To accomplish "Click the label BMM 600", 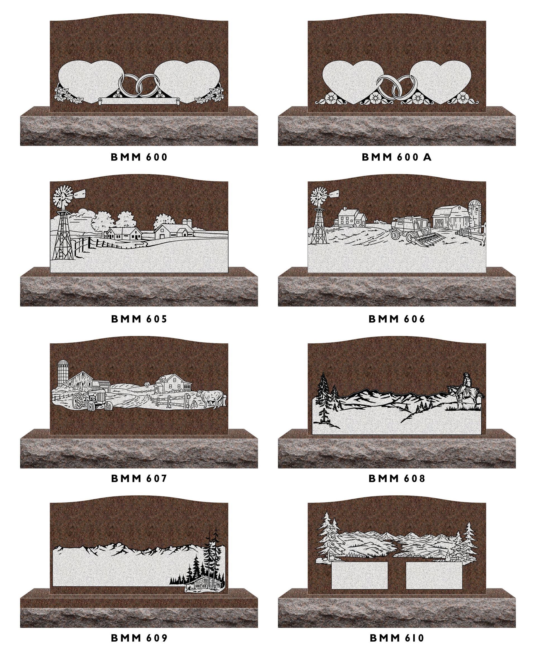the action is tap(139, 157).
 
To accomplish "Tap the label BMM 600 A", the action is tap(397, 157).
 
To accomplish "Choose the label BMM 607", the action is tap(139, 478).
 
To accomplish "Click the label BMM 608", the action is tap(397, 478).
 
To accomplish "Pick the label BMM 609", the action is tap(139, 638).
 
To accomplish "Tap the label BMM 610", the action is tap(397, 638).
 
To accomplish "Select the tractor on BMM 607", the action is tap(92, 400).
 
